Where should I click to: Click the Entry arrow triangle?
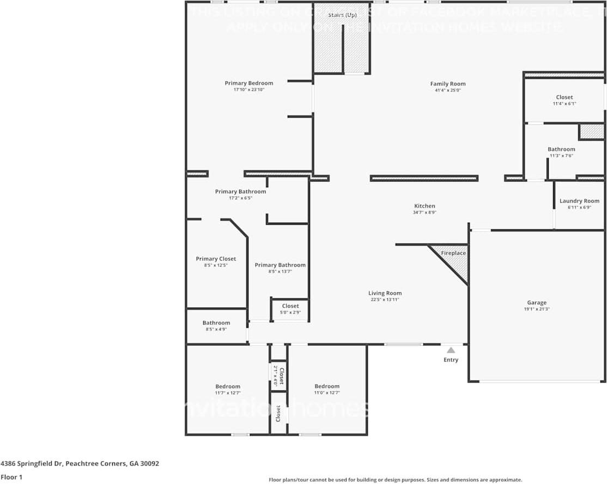click(x=451, y=350)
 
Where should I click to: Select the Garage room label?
click(x=536, y=303)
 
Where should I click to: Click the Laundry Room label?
click(x=579, y=201)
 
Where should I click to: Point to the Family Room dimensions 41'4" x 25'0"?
click(x=447, y=90)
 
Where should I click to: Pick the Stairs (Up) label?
click(x=342, y=15)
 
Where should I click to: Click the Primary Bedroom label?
click(x=248, y=83)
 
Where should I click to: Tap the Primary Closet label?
click(x=216, y=259)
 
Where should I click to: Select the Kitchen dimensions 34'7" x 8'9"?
click(x=424, y=212)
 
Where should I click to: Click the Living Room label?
click(x=385, y=293)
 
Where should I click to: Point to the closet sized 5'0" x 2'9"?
click(x=290, y=309)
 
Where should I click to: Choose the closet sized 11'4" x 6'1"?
click(x=564, y=100)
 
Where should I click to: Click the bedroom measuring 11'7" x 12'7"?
click(x=227, y=389)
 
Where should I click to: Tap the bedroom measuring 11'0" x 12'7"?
click(x=326, y=389)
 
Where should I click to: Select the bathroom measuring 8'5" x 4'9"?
click(x=216, y=326)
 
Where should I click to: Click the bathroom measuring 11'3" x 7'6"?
click(x=561, y=152)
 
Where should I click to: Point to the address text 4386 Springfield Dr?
click(x=80, y=464)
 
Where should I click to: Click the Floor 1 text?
click(x=11, y=477)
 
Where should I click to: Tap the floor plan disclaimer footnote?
click(x=395, y=480)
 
